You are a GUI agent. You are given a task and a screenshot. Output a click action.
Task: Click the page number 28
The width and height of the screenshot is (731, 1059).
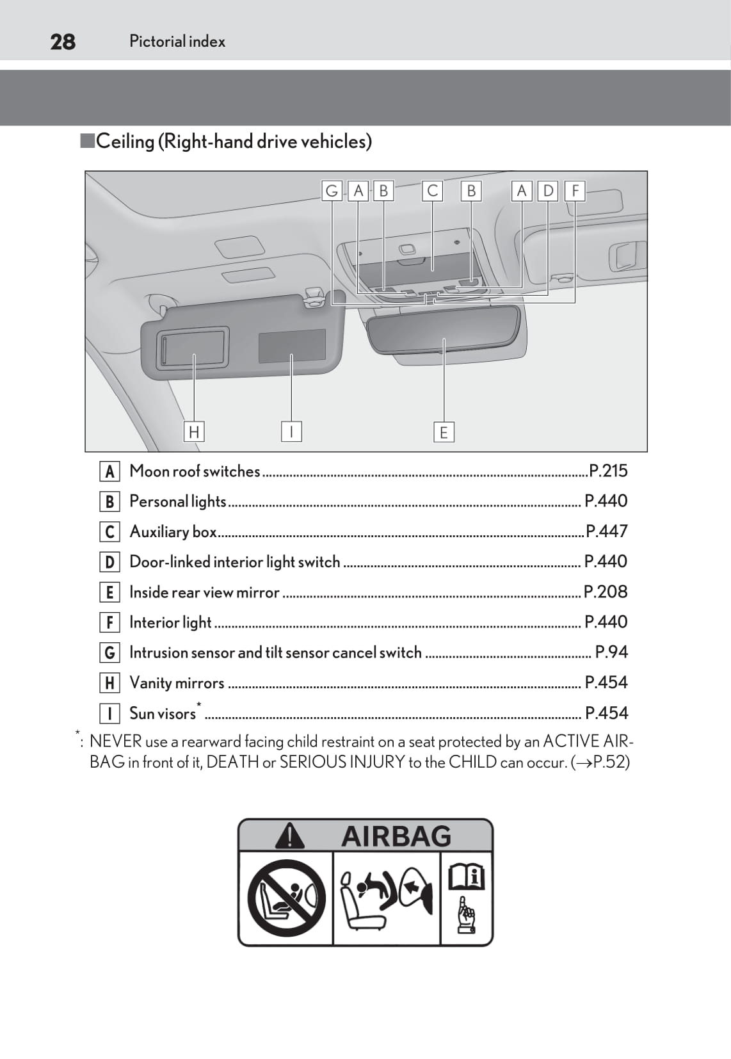63,42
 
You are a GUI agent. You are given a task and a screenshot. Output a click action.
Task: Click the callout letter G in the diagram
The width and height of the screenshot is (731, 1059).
332,191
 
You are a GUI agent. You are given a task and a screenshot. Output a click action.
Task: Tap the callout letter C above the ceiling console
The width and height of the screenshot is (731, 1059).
433,191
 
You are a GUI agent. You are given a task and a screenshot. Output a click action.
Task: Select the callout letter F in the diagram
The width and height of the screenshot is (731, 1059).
575,191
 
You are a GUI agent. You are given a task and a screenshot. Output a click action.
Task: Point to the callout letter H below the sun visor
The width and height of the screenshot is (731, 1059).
194,432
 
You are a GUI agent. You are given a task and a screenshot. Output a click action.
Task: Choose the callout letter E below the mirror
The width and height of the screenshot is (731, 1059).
444,432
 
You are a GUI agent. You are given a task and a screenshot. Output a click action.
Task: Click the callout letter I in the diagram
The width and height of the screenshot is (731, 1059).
291,432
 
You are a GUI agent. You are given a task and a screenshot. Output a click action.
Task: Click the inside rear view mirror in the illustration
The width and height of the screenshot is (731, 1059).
444,327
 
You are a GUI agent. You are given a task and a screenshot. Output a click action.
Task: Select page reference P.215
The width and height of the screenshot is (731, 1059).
608,471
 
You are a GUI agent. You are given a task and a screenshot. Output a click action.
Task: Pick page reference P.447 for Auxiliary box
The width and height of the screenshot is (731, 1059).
607,531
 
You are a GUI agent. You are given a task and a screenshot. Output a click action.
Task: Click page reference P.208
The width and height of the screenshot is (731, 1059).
606,592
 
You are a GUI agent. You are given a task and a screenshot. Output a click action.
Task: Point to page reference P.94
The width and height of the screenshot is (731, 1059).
611,652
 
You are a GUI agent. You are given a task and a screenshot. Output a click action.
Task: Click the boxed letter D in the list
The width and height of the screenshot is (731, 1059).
109,562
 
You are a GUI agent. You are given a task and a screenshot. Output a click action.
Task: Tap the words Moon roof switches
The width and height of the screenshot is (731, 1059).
195,471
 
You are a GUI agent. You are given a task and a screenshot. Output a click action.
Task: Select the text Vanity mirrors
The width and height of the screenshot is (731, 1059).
177,683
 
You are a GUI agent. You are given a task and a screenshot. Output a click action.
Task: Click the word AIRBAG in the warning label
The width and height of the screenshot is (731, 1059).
396,836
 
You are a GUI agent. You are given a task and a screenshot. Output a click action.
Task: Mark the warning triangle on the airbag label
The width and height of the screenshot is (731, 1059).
290,836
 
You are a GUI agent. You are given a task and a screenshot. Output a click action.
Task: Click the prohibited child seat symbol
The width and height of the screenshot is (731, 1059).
286,898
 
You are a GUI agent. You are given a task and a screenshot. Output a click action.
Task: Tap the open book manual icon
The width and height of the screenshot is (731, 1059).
466,877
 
